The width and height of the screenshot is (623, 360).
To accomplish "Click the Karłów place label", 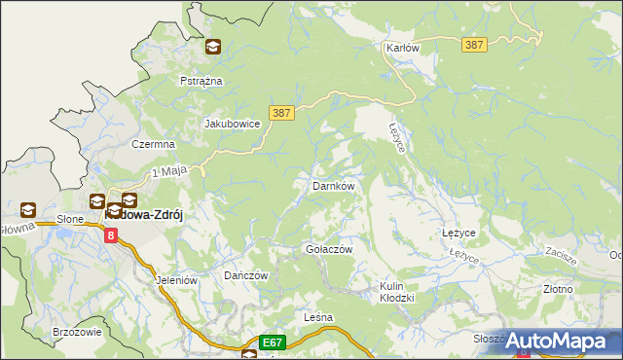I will [x=401, y=48].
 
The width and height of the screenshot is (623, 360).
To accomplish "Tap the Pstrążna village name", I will [x=202, y=81].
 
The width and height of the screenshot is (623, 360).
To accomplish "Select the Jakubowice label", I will [x=232, y=125].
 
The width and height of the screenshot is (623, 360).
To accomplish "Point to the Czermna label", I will [x=153, y=144].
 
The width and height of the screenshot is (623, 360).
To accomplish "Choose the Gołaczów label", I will [x=328, y=249].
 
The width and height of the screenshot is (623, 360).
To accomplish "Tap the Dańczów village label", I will [x=245, y=276].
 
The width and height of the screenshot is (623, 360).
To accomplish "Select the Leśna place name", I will [x=318, y=318].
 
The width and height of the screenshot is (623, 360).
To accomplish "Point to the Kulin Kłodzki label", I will [x=397, y=292].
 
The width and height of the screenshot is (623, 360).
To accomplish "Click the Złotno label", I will [x=558, y=289].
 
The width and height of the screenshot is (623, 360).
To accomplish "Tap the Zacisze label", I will [x=564, y=251].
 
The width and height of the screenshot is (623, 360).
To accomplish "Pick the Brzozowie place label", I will [x=78, y=332].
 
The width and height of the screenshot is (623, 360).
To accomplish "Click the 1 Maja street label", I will [x=167, y=172].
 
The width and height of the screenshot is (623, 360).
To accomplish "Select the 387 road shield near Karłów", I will [x=475, y=46].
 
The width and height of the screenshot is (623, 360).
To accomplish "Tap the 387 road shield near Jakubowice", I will [x=280, y=114].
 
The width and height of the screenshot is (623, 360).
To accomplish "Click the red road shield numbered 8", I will [x=111, y=234].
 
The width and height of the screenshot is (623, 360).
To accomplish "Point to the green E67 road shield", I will [x=272, y=342].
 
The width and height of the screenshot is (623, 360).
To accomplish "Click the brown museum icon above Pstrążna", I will [x=213, y=46].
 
